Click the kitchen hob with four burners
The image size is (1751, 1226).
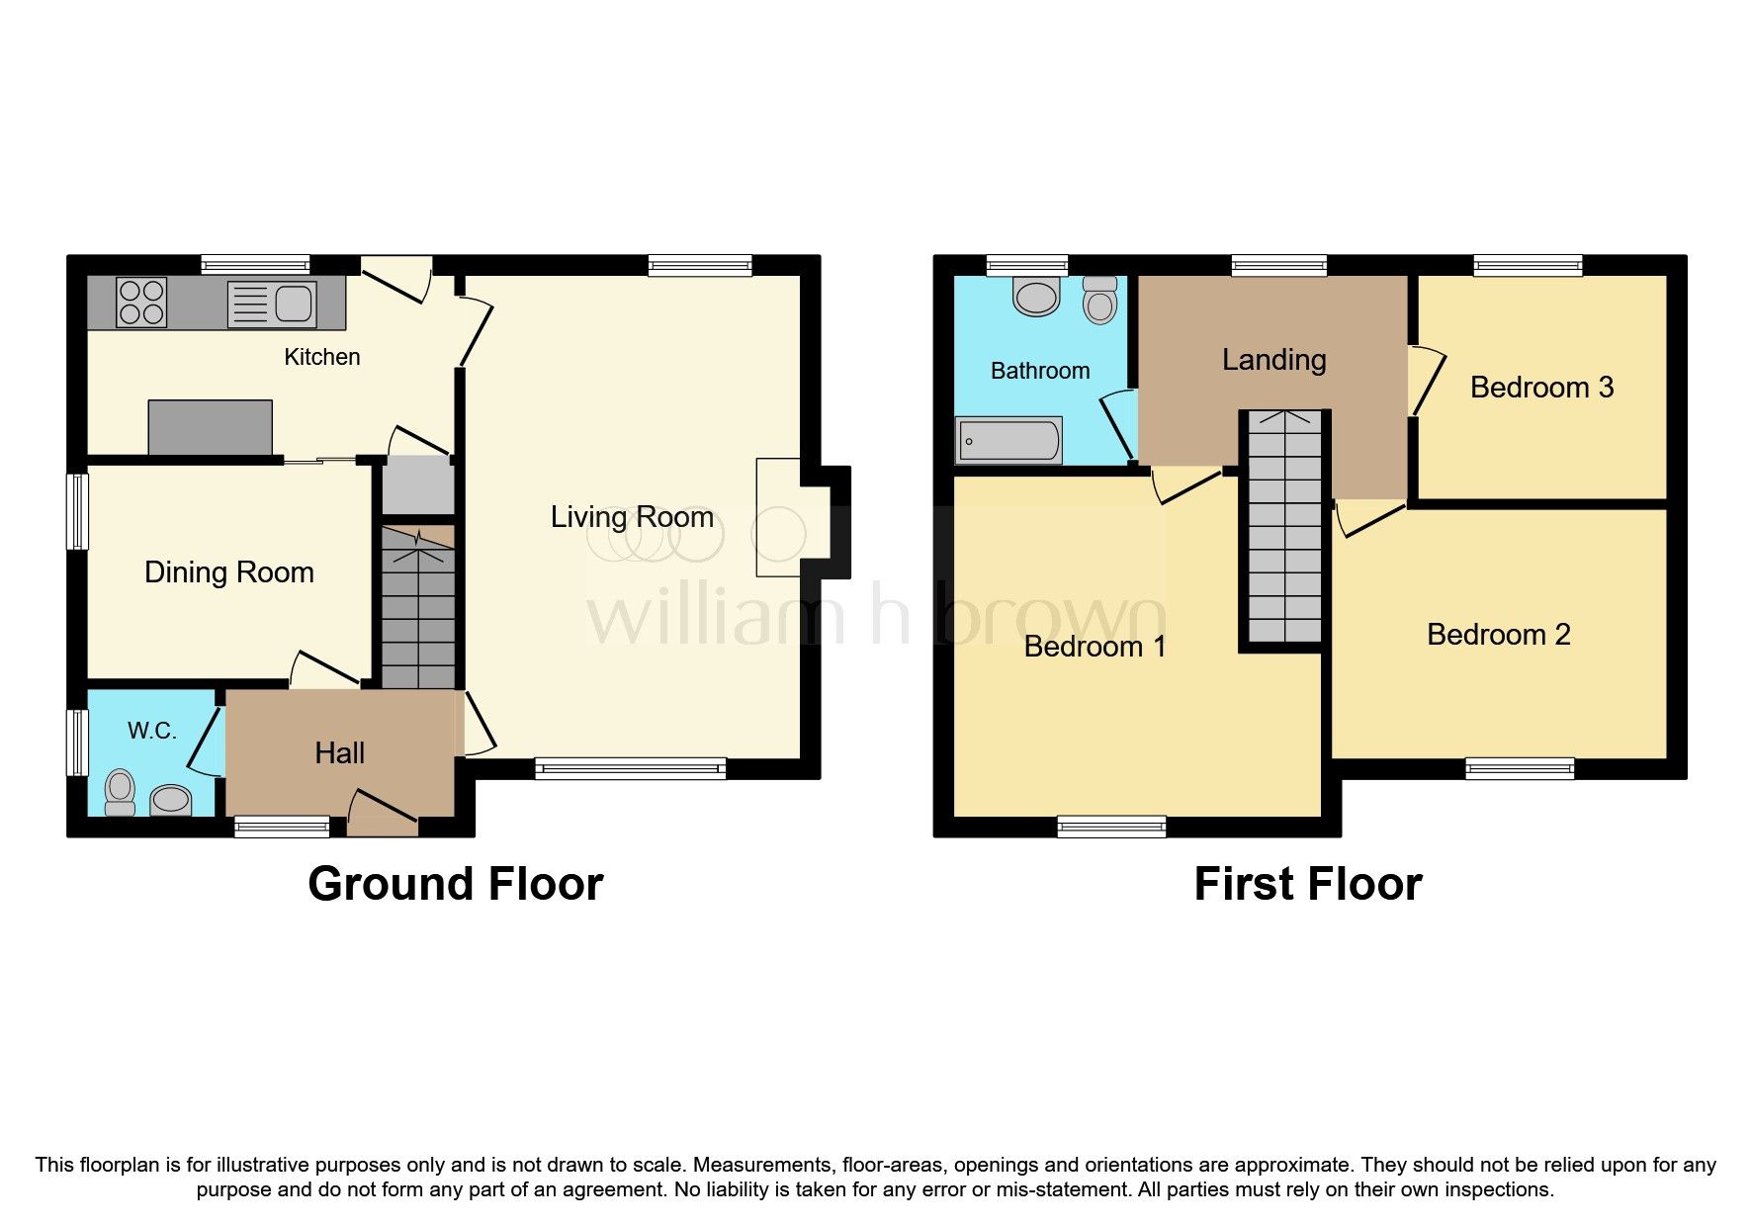click(x=141, y=302)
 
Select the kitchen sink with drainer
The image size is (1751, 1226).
click(x=272, y=304)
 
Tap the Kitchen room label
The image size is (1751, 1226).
click(x=322, y=357)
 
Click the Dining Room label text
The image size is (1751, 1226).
click(x=229, y=572)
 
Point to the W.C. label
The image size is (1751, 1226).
click(x=152, y=731)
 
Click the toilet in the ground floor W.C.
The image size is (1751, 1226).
click(x=120, y=792)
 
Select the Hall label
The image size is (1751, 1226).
click(x=339, y=753)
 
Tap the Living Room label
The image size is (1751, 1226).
click(x=632, y=517)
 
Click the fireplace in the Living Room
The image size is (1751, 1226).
click(x=779, y=517)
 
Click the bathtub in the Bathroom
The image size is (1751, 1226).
click(x=1008, y=440)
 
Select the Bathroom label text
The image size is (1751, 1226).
click(x=1040, y=371)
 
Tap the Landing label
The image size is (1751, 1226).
click(x=1273, y=360)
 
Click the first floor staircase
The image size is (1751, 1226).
click(x=1283, y=529)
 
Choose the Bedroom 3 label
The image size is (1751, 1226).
click(x=1541, y=388)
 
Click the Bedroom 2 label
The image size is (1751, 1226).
click(x=1498, y=635)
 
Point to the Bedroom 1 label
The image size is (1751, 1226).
click(x=1094, y=647)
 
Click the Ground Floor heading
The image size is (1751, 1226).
click(x=455, y=884)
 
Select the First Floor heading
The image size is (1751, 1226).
click(x=1307, y=884)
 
